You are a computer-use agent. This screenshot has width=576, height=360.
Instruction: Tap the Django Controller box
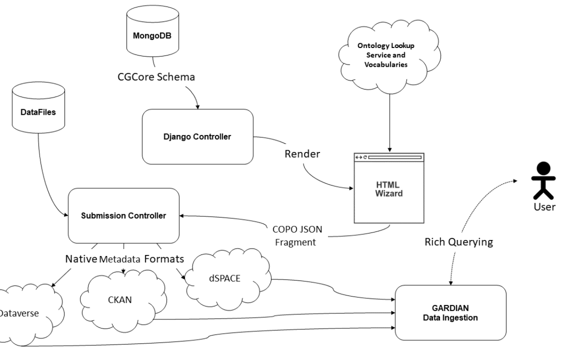pyautogui.click(x=197, y=137)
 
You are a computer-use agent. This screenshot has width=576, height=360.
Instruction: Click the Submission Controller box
pyautogui.click(x=123, y=215)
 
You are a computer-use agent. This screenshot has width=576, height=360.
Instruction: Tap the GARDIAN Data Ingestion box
pyautogui.click(x=450, y=313)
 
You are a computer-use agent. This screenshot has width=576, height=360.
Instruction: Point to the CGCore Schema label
pyautogui.click(x=156, y=77)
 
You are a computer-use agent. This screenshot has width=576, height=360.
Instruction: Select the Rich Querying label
pyautogui.click(x=458, y=242)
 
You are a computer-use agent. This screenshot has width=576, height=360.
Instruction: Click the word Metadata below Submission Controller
pyautogui.click(x=121, y=260)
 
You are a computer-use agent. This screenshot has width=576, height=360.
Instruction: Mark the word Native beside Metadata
pyautogui.click(x=81, y=260)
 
